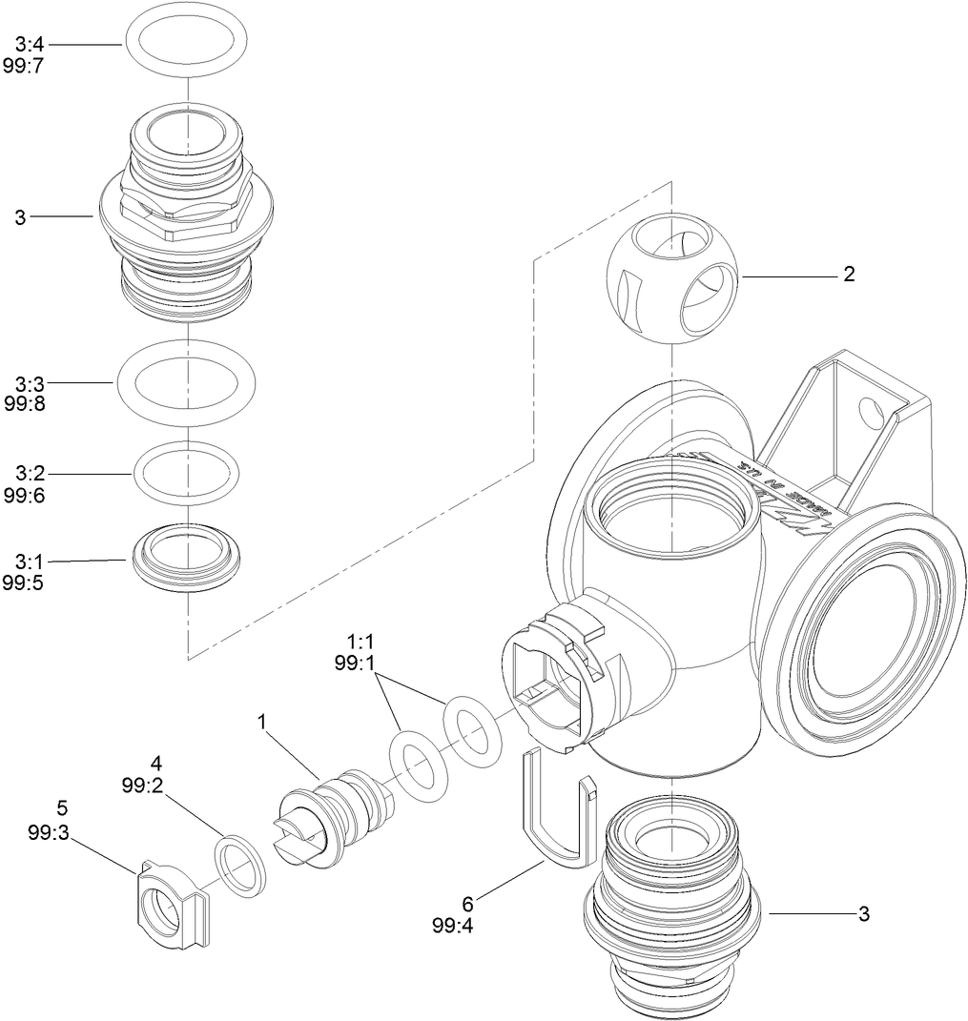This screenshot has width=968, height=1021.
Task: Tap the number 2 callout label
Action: pyautogui.click(x=848, y=276)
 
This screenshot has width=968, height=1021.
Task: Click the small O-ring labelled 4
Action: pyautogui.click(x=239, y=864)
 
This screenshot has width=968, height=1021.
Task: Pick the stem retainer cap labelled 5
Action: pyautogui.click(x=167, y=905)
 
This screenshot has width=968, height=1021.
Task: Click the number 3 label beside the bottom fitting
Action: pyautogui.click(x=863, y=914)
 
